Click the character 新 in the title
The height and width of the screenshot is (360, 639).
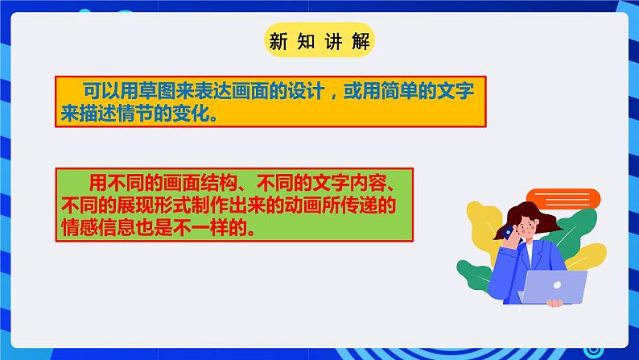[x=278, y=41]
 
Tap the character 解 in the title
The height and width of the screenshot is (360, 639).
[x=361, y=41]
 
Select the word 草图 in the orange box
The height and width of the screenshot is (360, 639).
[x=158, y=91]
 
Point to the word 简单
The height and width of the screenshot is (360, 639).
[x=399, y=91]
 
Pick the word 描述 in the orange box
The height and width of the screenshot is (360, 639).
[x=98, y=114]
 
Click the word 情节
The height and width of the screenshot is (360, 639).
[x=135, y=114]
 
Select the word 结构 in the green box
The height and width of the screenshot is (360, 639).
[x=219, y=183]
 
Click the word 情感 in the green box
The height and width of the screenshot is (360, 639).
[x=80, y=228]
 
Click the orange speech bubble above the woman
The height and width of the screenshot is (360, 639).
[x=563, y=200]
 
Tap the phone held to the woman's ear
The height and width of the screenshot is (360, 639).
[x=507, y=233]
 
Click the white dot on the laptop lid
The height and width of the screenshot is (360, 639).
[x=557, y=285]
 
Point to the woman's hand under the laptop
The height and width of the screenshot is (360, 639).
[x=554, y=303]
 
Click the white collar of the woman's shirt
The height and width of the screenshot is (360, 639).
[x=529, y=254]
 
